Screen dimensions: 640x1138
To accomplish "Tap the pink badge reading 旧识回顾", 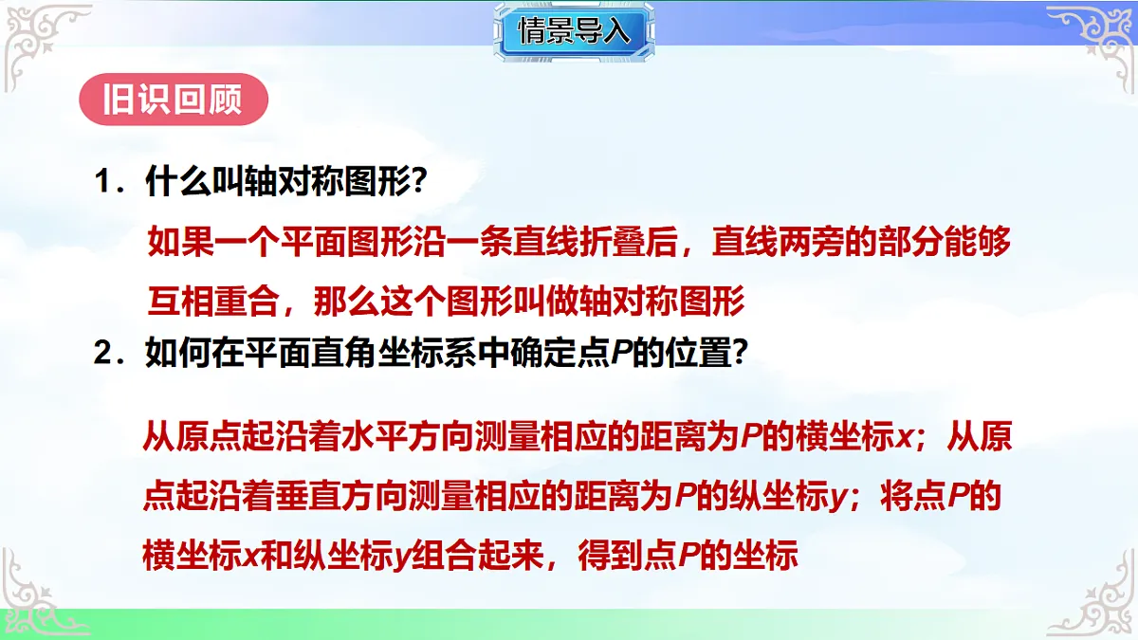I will coord(172,100).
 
